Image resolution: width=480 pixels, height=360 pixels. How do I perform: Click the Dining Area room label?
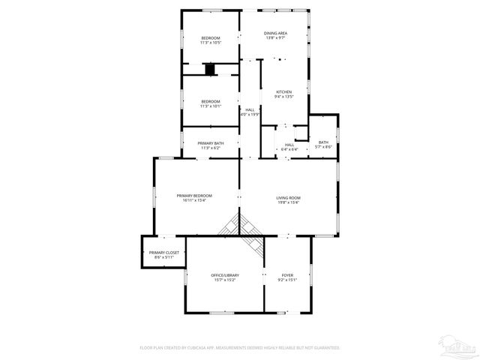(275, 34)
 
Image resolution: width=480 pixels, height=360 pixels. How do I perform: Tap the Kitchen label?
(283, 92)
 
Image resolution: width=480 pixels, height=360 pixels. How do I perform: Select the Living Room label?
(289, 197)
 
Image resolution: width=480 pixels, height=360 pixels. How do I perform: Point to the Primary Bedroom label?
(194, 196)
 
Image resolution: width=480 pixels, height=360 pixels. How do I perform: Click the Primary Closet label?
(163, 253)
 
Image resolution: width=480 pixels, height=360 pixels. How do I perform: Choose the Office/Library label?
(225, 275)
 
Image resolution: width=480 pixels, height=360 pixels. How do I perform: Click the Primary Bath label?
(211, 143)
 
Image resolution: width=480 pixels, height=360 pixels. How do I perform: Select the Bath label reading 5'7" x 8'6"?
(323, 142)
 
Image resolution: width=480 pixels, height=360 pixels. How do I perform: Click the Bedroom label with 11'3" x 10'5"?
(210, 38)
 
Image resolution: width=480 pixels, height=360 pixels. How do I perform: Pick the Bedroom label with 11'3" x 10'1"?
(210, 101)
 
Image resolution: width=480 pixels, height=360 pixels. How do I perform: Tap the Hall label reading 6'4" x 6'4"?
(289, 145)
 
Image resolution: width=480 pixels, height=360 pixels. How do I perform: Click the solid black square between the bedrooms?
(210, 70)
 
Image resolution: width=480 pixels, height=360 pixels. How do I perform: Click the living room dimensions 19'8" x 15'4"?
(289, 202)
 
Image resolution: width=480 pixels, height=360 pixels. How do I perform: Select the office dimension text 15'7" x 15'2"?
(225, 280)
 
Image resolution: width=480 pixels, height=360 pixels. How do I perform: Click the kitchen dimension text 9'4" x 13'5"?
(283, 97)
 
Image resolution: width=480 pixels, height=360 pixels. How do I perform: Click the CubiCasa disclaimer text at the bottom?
(240, 348)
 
